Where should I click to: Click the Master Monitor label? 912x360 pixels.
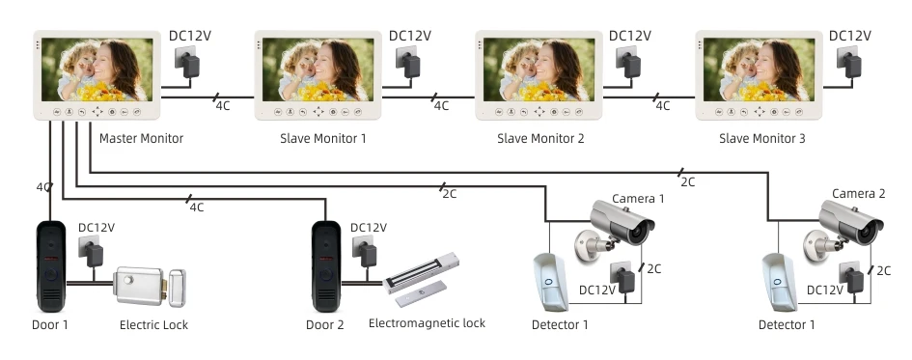pyautogui.click(x=141, y=139)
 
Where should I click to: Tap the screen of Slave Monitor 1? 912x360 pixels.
pyautogui.click(x=318, y=70)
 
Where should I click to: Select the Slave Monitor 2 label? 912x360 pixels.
pyautogui.click(x=540, y=139)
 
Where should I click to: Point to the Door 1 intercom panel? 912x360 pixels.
pyautogui.click(x=50, y=263)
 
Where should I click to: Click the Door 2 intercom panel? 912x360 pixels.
pyautogui.click(x=325, y=263)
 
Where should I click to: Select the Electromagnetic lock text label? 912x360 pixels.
pyautogui.click(x=427, y=323)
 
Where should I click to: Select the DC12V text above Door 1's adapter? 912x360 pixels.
pyautogui.click(x=97, y=229)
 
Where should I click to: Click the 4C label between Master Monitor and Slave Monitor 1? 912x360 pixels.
pyautogui.click(x=221, y=105)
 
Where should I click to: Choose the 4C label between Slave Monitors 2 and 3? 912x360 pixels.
pyautogui.click(x=662, y=105)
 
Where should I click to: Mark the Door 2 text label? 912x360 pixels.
pyautogui.click(x=325, y=325)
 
